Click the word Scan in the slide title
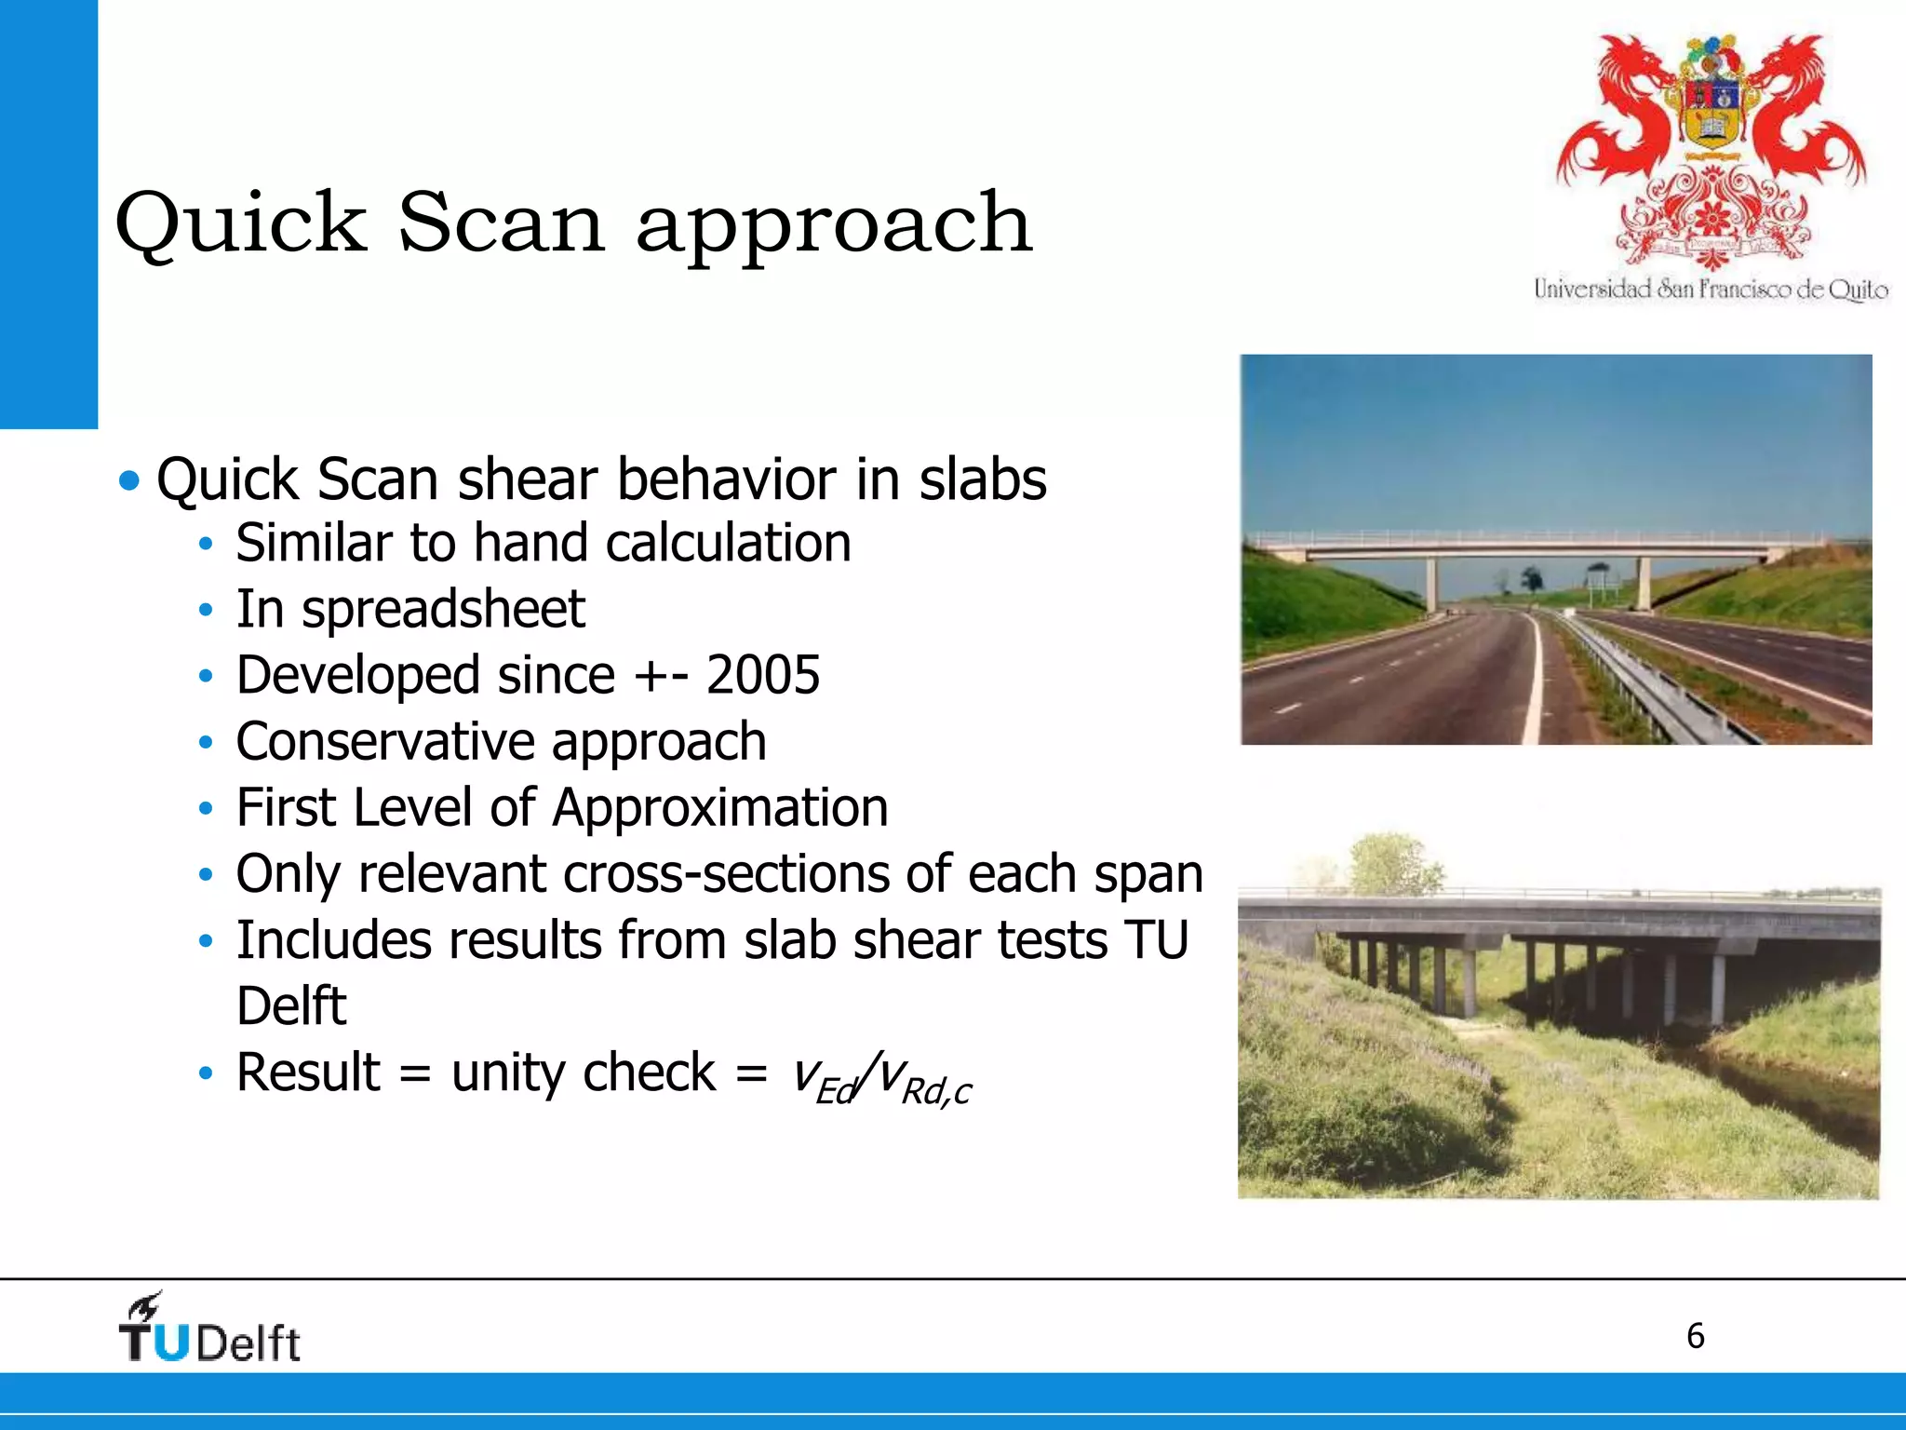click(502, 223)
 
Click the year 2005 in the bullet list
click(762, 675)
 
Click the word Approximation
click(719, 807)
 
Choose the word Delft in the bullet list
click(290, 1006)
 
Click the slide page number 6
click(1695, 1336)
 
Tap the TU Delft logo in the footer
click(209, 1329)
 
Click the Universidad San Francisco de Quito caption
click(1711, 290)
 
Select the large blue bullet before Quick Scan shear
click(129, 481)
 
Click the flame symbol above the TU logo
click(146, 1306)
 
